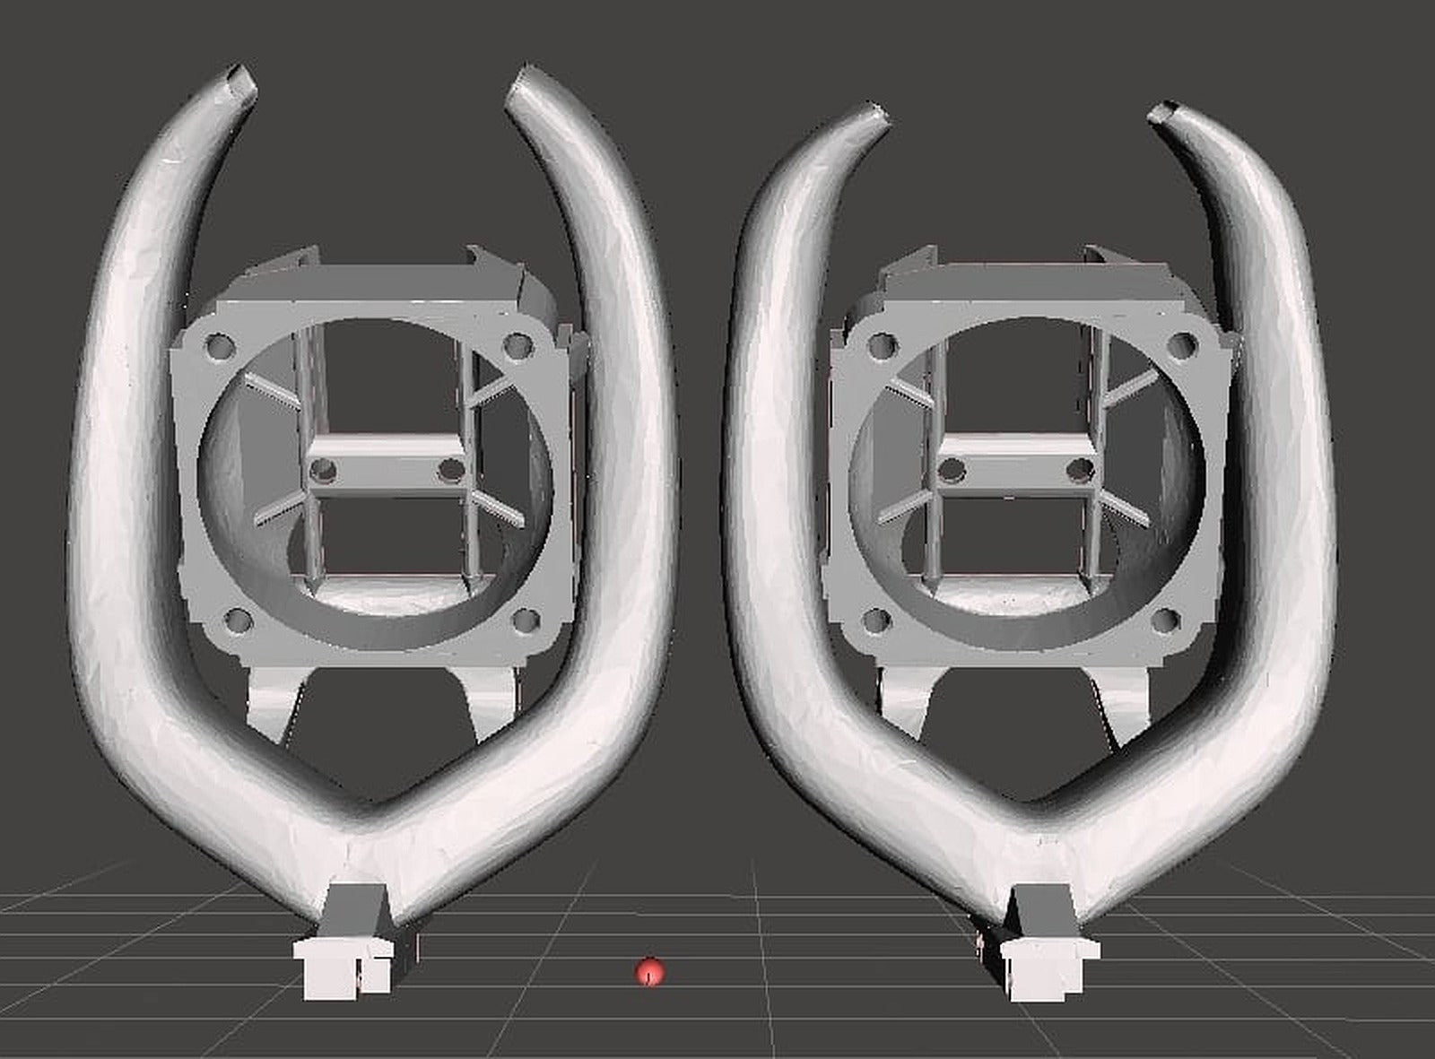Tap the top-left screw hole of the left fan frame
point(218,344)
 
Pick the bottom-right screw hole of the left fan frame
point(527,619)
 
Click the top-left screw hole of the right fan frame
point(881,344)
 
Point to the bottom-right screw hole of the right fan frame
point(1168,619)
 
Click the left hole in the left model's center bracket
point(324,469)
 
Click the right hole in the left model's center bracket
point(451,469)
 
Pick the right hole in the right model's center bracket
point(1083,469)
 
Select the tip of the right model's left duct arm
point(877,114)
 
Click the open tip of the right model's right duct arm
point(1166,112)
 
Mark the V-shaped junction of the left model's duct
point(359,834)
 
